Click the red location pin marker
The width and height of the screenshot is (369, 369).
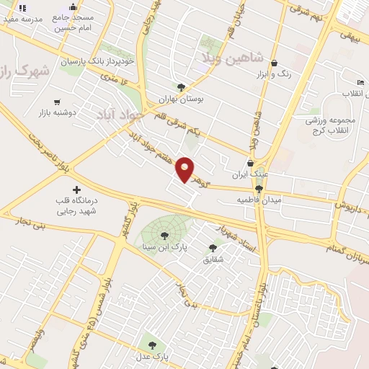[x=185, y=169]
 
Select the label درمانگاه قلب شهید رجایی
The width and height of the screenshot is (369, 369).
[x=77, y=205]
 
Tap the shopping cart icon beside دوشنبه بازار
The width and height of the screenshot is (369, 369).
[x=57, y=102]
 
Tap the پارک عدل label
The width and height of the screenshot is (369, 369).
[x=151, y=357]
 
